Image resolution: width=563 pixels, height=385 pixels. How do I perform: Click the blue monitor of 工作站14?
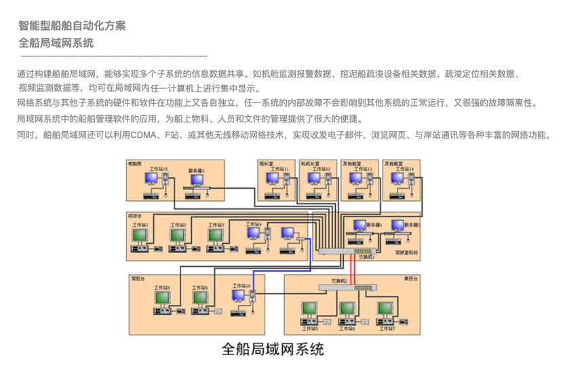[x=397, y=179]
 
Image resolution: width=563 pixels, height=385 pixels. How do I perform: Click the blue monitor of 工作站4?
[x=253, y=234]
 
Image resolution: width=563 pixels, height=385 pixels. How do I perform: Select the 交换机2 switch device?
[x=347, y=287]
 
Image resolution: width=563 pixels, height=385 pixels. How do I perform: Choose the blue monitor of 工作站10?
[x=239, y=297]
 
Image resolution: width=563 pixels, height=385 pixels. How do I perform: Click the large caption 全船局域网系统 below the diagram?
[x=273, y=350]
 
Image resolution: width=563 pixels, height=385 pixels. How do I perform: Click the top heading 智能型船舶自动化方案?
[x=72, y=26]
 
